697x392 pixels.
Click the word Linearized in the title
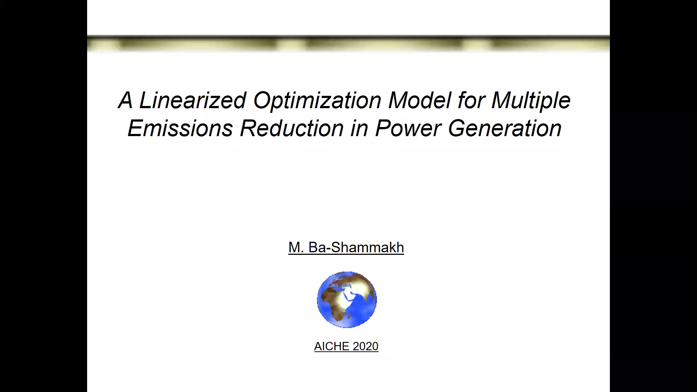(x=192, y=100)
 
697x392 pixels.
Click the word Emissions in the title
(x=180, y=128)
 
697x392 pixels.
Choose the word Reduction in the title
(x=292, y=128)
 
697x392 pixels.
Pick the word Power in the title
(x=408, y=128)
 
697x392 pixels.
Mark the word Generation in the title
(x=505, y=128)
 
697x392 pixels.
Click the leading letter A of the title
(x=125, y=100)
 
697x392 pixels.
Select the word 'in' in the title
(x=359, y=128)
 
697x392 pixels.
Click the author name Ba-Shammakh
(x=356, y=248)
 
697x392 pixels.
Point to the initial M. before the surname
(x=295, y=248)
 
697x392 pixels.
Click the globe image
(x=347, y=300)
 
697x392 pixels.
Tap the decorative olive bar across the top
(x=348, y=44)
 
